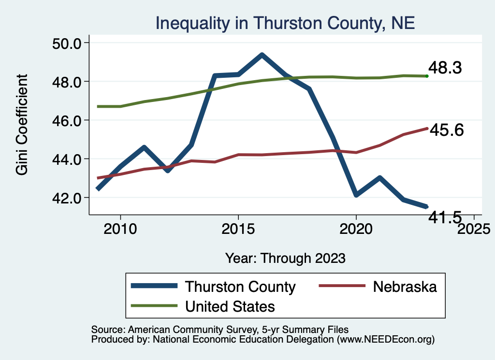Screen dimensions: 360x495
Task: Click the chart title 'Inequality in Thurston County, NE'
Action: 285,23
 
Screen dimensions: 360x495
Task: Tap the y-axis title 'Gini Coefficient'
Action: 22,125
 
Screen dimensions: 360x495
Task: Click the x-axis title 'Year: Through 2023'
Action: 285,258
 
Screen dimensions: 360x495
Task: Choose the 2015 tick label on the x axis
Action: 238,228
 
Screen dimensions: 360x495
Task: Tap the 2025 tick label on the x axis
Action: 474,228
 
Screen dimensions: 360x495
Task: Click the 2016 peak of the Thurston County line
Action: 262,55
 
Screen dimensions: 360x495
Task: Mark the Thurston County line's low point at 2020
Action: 356,195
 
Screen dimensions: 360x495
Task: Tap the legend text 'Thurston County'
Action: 240,287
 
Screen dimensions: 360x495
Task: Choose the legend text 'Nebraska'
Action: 405,287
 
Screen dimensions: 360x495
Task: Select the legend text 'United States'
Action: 230,306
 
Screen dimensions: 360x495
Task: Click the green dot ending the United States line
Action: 427,76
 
